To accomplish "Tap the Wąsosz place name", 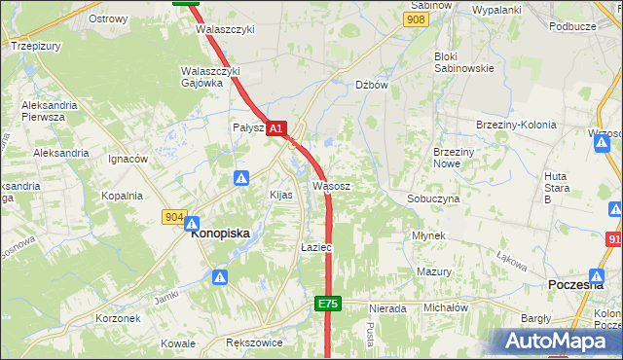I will [331, 185].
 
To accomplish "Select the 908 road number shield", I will [416, 19].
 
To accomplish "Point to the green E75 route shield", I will [328, 305].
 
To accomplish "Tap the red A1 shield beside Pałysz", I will [276, 127].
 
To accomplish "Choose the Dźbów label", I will [372, 85].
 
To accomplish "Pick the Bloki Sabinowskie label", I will [463, 62].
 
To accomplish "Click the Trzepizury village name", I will [35, 46].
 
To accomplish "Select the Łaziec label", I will [316, 247].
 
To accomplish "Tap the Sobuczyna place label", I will [433, 198].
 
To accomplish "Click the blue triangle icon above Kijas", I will [241, 177].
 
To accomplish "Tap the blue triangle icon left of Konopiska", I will [192, 223].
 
